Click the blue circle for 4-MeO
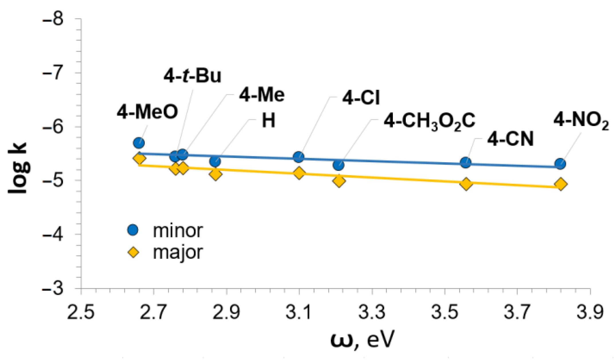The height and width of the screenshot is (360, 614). (139, 143)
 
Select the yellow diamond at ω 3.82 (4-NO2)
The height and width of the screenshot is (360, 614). (561, 184)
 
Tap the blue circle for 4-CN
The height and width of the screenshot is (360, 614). (466, 163)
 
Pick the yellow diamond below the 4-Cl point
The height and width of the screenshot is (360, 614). (299, 173)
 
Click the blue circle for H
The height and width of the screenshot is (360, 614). (215, 161)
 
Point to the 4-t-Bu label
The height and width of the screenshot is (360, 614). (193, 76)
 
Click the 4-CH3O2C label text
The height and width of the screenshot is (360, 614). (430, 121)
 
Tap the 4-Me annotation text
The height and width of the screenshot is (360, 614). (262, 95)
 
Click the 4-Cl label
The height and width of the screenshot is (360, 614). (361, 98)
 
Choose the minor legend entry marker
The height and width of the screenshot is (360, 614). (133, 230)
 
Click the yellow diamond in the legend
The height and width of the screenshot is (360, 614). (133, 253)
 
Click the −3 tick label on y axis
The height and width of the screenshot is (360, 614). (53, 289)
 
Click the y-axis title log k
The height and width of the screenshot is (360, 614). (18, 169)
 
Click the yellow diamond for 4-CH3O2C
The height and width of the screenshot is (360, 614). (339, 181)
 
